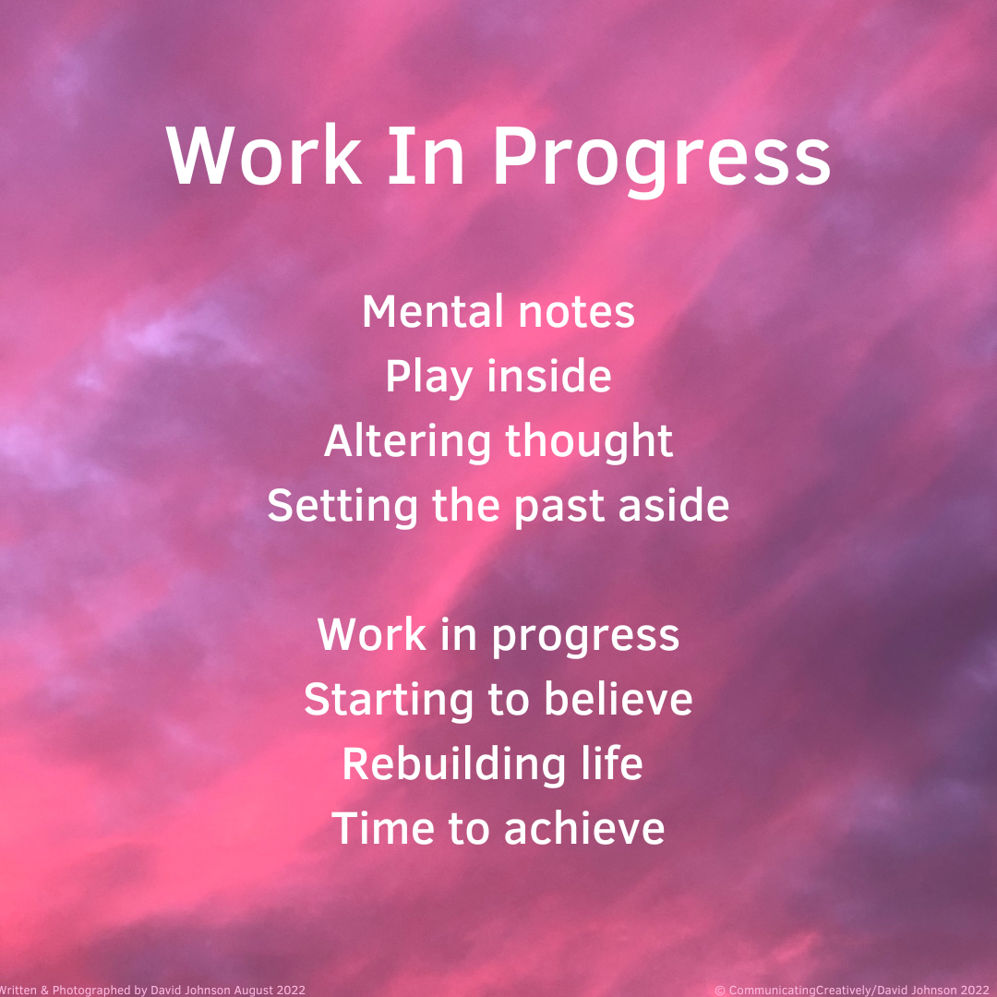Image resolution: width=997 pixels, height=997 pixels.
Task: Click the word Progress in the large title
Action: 662,159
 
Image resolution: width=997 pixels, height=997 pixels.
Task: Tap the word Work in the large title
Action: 264,155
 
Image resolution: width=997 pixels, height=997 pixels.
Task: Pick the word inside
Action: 549,376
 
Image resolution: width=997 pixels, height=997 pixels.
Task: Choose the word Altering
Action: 407,442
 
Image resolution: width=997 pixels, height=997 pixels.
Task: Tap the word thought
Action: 589,442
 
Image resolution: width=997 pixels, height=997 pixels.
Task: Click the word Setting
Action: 342,507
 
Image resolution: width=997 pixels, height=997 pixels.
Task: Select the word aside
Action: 674,506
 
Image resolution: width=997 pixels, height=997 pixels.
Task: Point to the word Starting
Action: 389,700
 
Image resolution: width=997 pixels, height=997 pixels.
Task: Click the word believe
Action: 618,699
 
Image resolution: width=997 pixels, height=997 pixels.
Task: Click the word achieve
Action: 584,828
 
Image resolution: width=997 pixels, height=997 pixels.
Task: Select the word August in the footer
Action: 254,990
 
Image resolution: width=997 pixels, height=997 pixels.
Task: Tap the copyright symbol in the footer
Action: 720,990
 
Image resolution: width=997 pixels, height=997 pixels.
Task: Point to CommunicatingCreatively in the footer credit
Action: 800,990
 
